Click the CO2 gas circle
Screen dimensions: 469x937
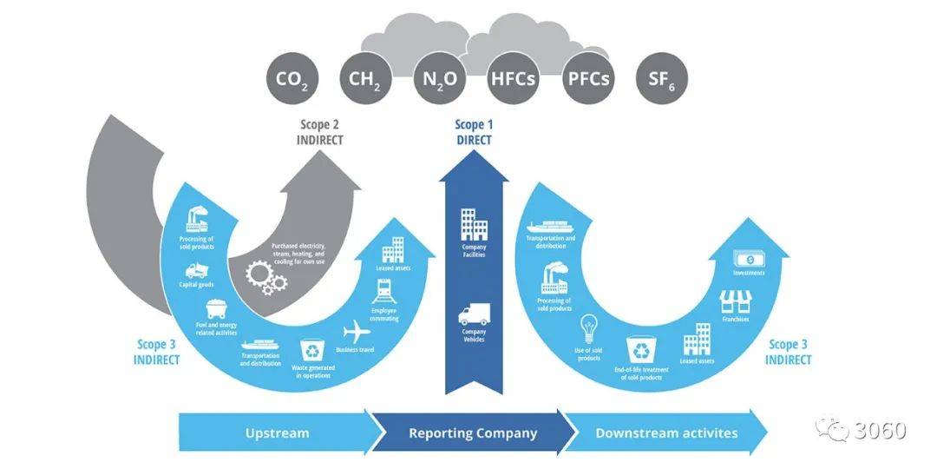coord(292,79)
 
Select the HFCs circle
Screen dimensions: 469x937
coord(513,79)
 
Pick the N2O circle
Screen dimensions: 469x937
coord(440,79)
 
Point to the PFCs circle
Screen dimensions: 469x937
coord(588,79)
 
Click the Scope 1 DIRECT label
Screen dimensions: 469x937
coord(474,133)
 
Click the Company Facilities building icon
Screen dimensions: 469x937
coord(474,224)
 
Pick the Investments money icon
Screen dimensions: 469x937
coord(748,259)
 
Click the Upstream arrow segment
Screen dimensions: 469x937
coord(277,433)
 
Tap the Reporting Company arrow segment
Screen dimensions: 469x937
coord(473,433)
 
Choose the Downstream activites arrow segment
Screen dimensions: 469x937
coord(666,433)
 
